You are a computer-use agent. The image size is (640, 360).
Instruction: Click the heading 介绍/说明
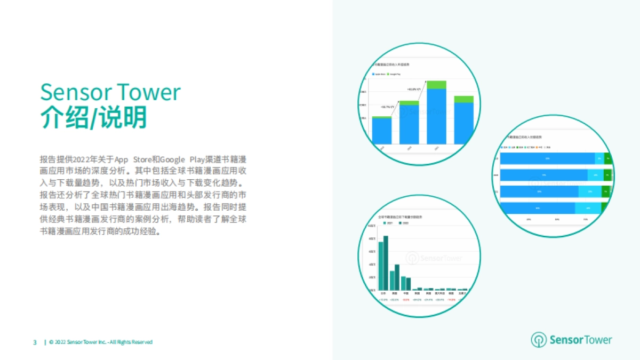point(93,118)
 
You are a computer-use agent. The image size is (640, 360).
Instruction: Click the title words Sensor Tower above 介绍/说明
point(110,92)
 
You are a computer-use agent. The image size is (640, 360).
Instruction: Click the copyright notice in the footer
point(101,342)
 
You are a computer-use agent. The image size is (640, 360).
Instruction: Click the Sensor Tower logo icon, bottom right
point(538,340)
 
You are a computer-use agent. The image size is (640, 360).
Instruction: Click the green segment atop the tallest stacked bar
point(436,84)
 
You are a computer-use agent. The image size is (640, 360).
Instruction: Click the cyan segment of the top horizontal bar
point(599,158)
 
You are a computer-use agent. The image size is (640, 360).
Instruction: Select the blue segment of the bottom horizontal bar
point(538,208)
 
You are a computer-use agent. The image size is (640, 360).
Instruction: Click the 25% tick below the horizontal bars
point(528,219)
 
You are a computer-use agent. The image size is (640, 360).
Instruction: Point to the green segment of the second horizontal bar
point(607,175)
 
